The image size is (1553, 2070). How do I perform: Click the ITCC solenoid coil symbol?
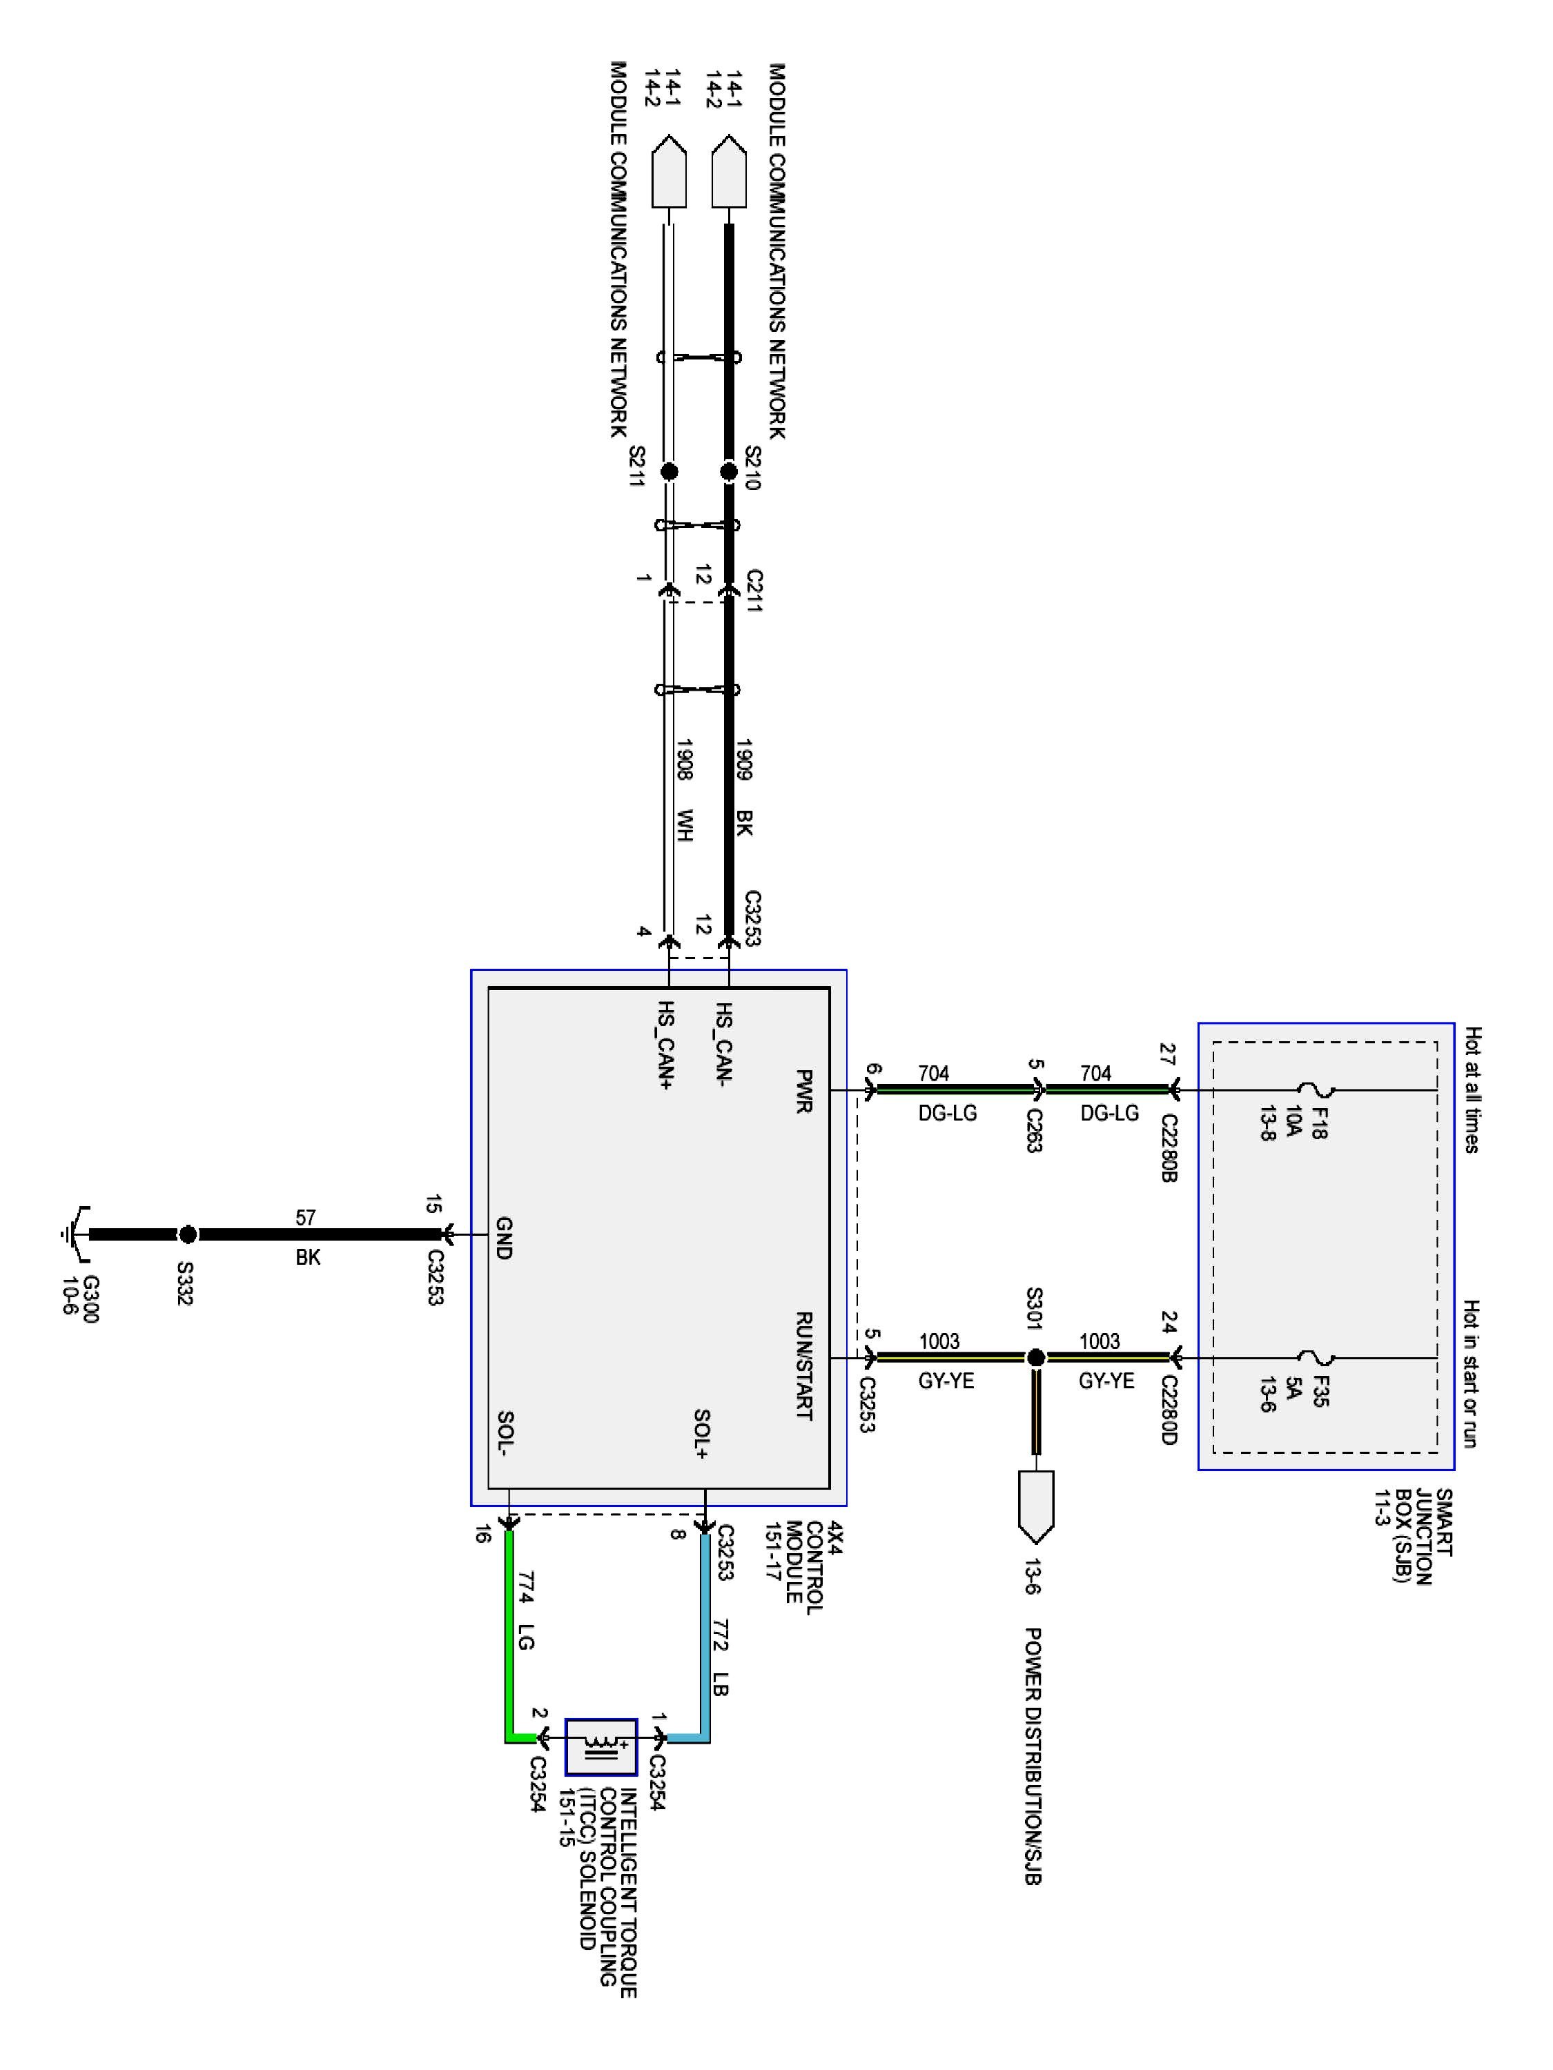point(600,1746)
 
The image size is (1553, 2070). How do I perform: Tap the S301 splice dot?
point(1035,1357)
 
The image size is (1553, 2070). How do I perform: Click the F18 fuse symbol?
point(1316,1090)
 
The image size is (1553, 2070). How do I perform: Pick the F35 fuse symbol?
point(1316,1357)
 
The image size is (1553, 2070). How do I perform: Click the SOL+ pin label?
point(702,1432)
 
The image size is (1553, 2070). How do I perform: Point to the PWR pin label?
point(803,1091)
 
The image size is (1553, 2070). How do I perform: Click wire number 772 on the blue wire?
point(720,1634)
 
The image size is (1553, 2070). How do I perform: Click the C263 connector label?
point(1033,1130)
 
